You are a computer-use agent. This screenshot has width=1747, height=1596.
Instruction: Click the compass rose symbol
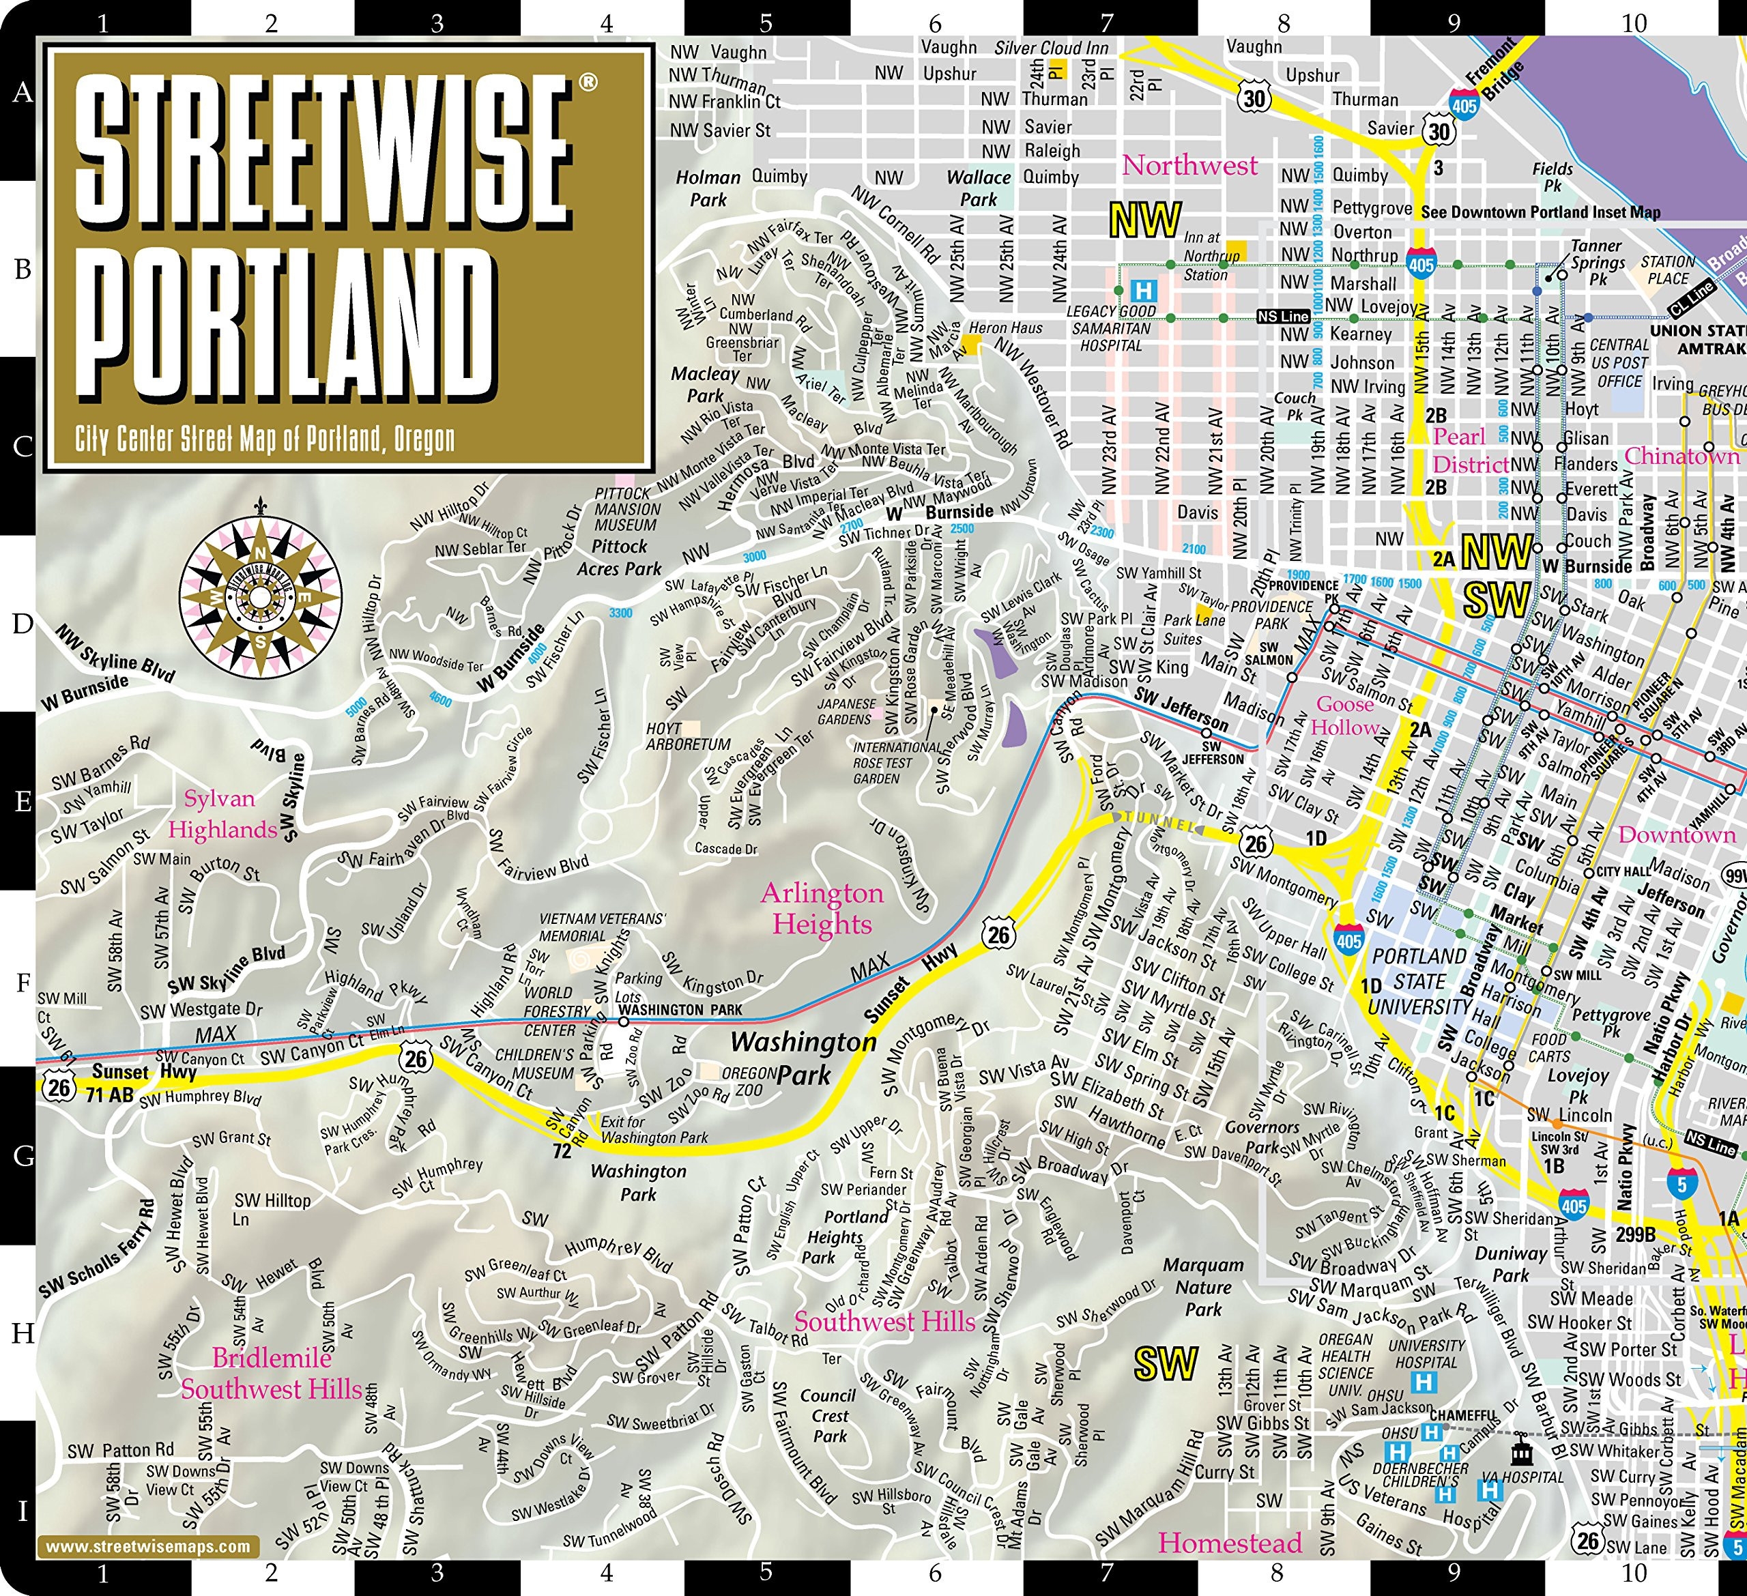[x=260, y=597]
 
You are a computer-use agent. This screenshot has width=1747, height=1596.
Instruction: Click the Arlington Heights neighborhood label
[x=822, y=908]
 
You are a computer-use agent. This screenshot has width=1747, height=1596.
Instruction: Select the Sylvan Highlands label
[x=222, y=815]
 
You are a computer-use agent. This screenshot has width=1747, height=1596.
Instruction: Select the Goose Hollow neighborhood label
[x=1345, y=715]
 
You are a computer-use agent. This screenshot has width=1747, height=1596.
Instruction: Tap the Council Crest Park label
[x=828, y=1416]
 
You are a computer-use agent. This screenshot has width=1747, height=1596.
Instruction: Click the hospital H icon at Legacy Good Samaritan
[x=1144, y=289]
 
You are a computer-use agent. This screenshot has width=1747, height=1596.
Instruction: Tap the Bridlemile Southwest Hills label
[x=271, y=1374]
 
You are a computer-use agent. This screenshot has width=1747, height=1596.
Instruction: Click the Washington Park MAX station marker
[x=623, y=1022]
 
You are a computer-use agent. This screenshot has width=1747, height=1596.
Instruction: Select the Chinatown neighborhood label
[x=1681, y=456]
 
